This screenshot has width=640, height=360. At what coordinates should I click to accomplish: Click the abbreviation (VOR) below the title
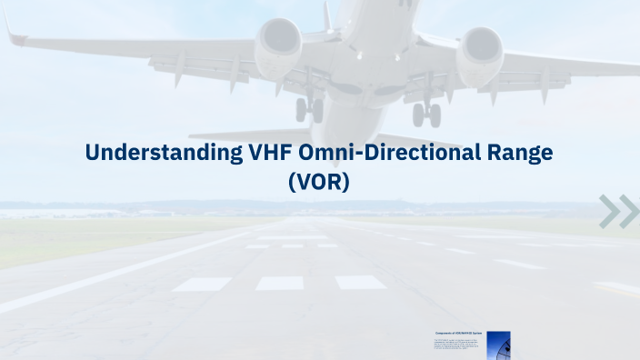point(319,181)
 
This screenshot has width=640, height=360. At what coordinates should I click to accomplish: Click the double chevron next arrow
point(619,211)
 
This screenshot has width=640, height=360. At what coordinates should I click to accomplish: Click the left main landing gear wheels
point(309,109)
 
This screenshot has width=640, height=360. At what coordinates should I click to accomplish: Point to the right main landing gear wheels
point(425,114)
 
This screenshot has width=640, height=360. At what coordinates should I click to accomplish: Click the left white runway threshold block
point(201,284)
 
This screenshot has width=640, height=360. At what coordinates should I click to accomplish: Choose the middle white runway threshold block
point(279,283)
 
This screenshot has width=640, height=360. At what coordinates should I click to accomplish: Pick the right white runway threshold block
point(360,283)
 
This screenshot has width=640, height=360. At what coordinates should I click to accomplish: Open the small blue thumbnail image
point(498,345)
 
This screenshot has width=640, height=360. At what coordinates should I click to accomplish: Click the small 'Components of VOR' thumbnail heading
point(458,334)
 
